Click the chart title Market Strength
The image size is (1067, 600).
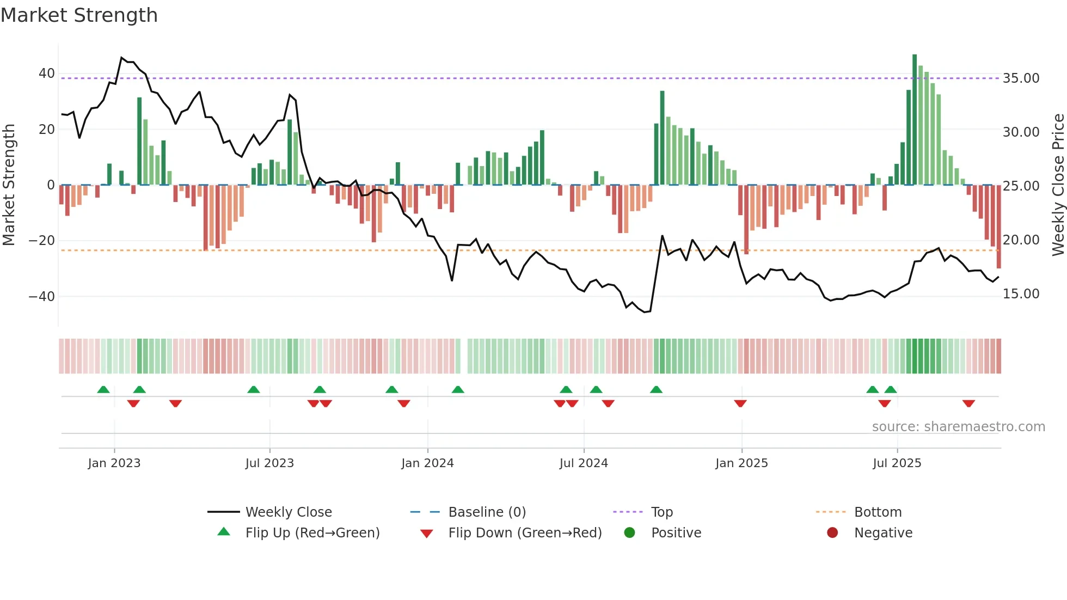79,15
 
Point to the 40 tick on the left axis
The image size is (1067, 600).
47,74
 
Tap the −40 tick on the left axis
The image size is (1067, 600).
42,297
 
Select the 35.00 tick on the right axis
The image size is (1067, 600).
1021,78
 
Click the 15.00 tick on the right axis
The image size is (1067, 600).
1021,294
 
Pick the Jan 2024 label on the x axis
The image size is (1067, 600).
427,463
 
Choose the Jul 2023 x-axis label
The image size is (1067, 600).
269,463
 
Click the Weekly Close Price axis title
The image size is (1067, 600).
1058,185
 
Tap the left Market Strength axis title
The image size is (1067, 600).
9,185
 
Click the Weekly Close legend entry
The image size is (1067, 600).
288,512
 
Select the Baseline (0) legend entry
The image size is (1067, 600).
487,512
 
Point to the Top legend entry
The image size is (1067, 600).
661,512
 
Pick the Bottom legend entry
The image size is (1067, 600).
878,512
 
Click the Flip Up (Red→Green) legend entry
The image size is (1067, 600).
312,533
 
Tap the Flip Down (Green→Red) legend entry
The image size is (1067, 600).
525,533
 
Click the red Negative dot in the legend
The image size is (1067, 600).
832,533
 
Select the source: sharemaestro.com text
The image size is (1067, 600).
958,427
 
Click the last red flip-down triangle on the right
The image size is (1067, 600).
968,403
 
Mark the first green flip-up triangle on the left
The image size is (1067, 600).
103,389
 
